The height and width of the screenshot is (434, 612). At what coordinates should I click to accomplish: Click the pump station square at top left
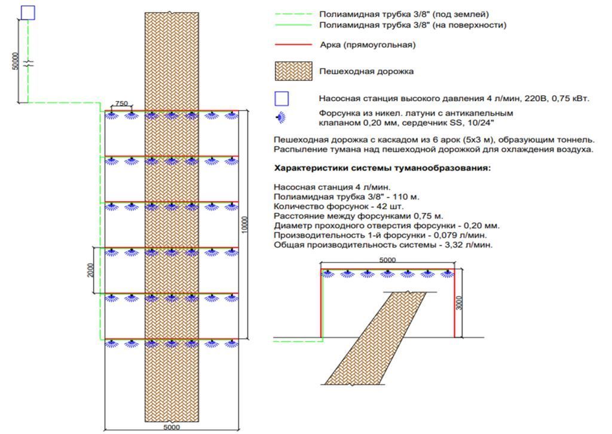coord(28,12)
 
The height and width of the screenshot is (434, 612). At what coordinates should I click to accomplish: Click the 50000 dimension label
coord(16,60)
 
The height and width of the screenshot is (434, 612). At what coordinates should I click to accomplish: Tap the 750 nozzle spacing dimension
coord(121,103)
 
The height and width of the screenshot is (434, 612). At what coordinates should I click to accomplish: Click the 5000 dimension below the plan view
coord(172,427)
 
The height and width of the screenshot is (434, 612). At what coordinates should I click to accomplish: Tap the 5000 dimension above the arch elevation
coord(388,260)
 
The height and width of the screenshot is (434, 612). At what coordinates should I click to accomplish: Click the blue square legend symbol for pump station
coord(281,98)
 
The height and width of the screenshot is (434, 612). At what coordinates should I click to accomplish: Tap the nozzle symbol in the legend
coord(281,117)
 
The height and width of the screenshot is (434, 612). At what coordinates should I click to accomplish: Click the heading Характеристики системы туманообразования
coord(382,168)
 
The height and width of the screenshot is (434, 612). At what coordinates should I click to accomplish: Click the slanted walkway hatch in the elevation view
coord(377,338)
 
